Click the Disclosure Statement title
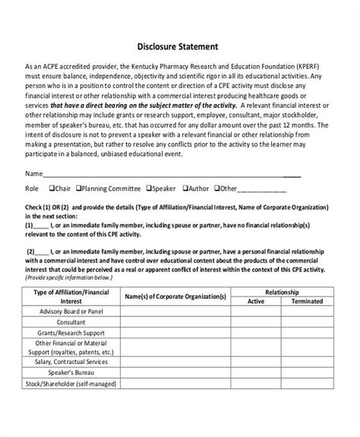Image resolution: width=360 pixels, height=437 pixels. (x=179, y=44)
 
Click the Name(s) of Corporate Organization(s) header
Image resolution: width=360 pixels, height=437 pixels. (x=175, y=295)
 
